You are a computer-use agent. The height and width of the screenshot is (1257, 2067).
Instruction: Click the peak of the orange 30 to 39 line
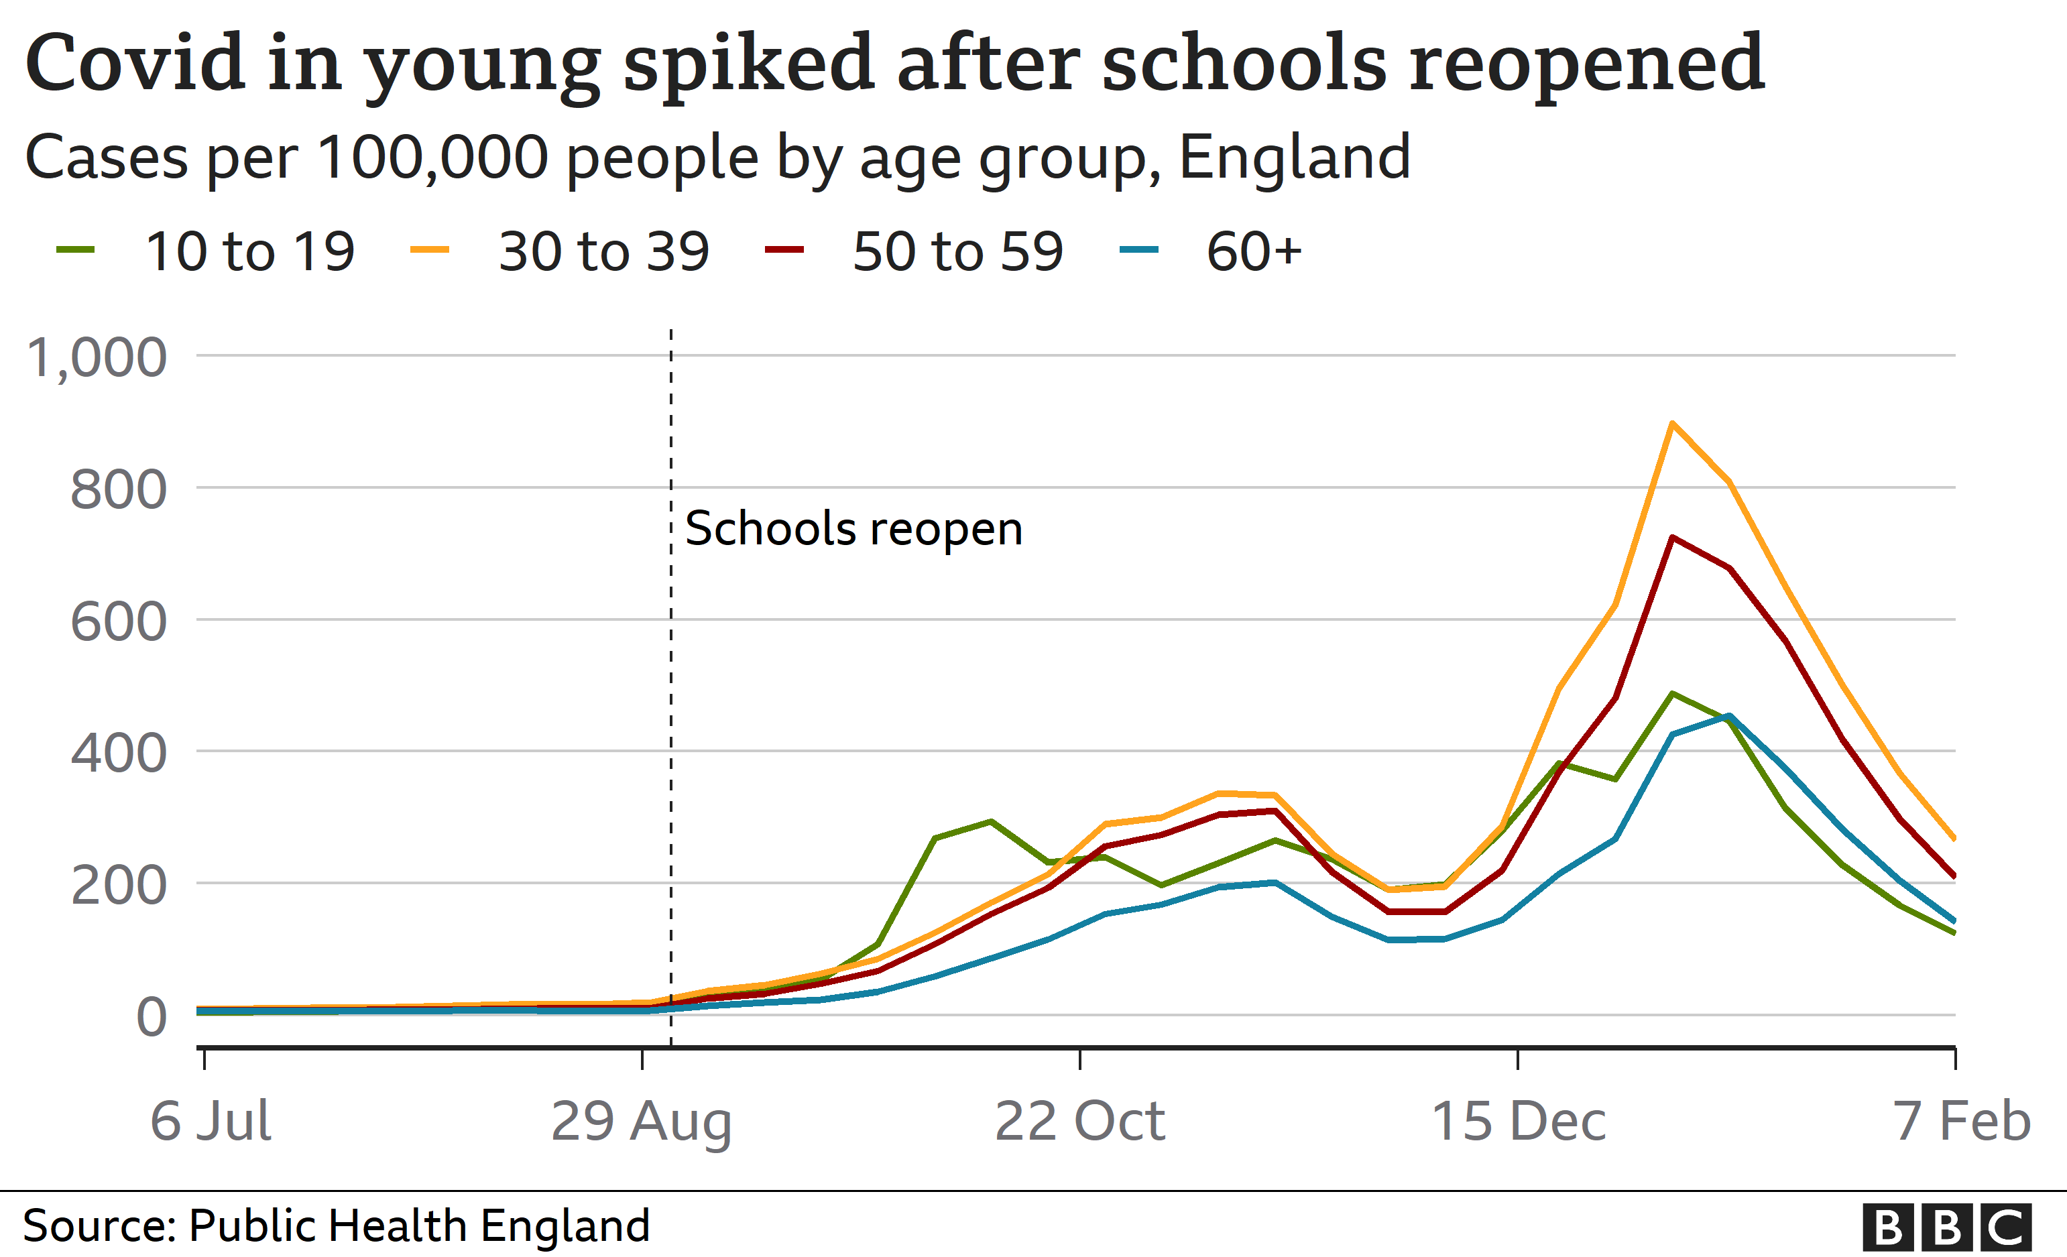coord(1672,424)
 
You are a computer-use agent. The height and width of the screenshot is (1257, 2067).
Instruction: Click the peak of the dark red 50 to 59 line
coord(1672,538)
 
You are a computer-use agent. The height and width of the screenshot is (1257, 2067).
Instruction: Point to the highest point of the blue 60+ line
coord(1729,716)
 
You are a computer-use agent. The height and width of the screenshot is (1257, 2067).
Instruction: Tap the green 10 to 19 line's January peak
coord(1672,693)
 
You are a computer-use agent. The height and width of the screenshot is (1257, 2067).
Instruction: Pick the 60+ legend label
coord(1253,251)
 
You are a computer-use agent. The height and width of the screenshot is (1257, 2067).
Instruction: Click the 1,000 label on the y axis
coord(97,358)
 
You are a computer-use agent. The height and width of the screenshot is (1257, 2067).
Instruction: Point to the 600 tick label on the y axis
coord(118,622)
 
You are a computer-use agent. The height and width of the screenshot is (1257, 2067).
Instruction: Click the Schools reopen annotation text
coord(853,529)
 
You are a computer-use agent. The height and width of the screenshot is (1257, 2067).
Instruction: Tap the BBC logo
coord(1946,1228)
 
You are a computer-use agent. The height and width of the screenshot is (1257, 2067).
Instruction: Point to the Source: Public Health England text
coord(335,1226)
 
